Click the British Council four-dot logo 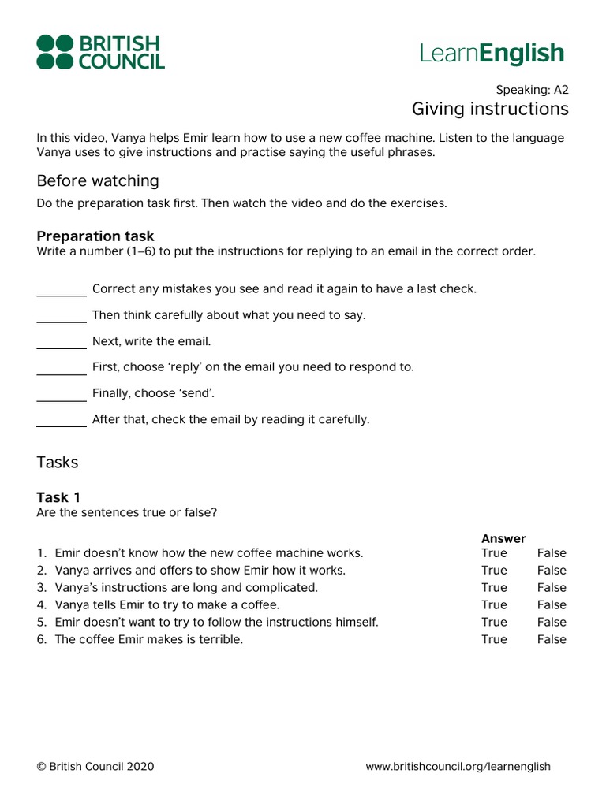click(56, 52)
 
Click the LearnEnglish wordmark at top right click(492, 54)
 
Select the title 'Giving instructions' click(489, 108)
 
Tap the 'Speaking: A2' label click(532, 89)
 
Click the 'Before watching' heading click(98, 180)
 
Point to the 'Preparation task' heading click(95, 236)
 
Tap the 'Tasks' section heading click(58, 463)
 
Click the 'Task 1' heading click(58, 497)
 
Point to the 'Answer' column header click(503, 539)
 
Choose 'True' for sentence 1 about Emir click(494, 553)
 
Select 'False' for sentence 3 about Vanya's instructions click(552, 588)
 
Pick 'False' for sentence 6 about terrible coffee click(552, 640)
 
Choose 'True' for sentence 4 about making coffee click(494, 605)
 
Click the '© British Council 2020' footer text click(95, 767)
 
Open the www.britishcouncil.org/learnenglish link click(458, 767)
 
